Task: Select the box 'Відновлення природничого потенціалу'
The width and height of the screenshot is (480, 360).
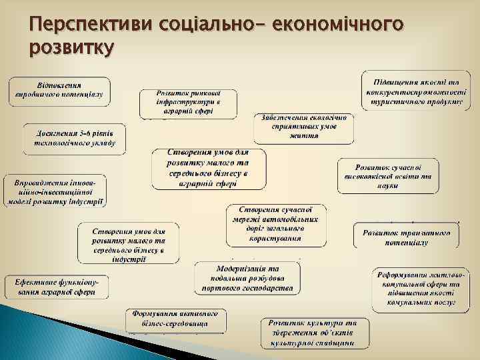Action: coord(59,90)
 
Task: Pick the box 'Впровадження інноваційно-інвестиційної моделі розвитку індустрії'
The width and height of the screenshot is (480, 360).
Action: coord(58,191)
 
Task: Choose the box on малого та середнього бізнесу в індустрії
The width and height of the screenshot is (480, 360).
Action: coord(129,243)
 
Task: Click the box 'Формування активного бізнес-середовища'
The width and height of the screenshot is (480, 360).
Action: coord(176,319)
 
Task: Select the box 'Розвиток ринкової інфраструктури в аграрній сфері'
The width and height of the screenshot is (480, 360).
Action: coord(188,102)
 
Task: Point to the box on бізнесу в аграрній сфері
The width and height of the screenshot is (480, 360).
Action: coord(209,169)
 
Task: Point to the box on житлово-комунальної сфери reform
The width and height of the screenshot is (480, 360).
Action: coord(414,290)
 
